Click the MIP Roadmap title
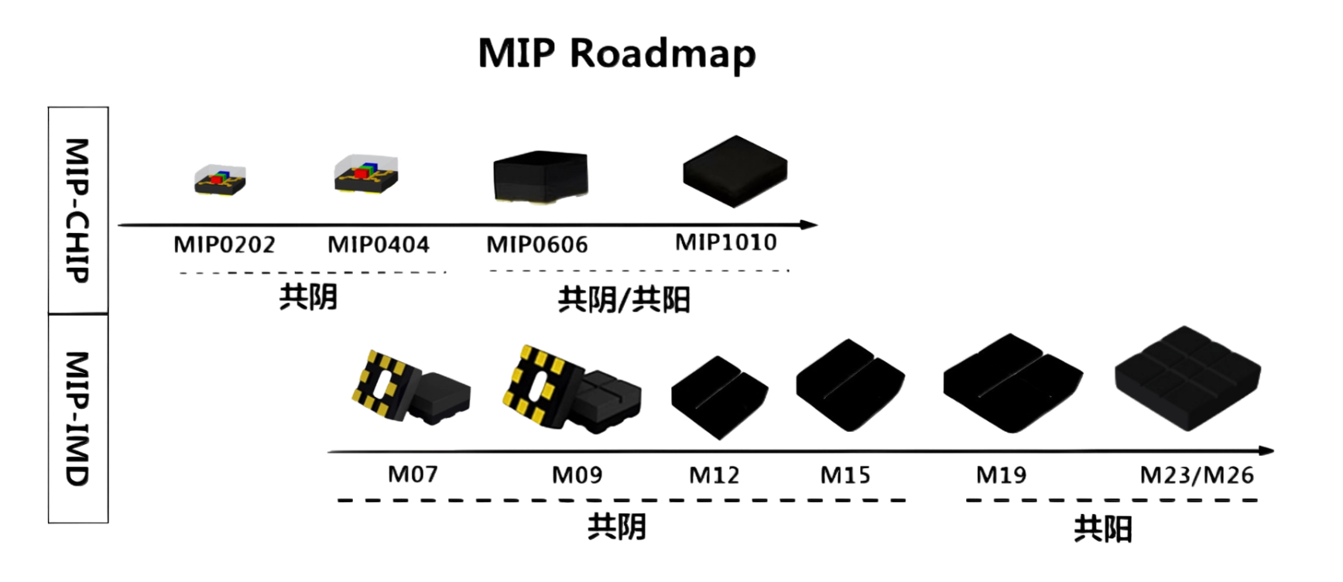pos(617,53)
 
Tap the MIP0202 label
pos(224,245)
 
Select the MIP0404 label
pos(379,245)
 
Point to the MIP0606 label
pos(537,245)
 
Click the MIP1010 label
pos(726,241)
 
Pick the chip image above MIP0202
pos(220,180)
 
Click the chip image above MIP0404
pos(367,175)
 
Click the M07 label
pos(413,473)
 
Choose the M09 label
pos(577,474)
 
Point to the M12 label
pos(714,474)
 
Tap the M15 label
pos(845,474)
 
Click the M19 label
pos(1002,474)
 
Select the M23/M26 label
pos(1197,474)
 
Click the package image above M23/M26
pos(1187,375)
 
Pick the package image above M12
pos(718,397)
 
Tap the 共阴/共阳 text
pos(623,299)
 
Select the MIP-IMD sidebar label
pos(78,418)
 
